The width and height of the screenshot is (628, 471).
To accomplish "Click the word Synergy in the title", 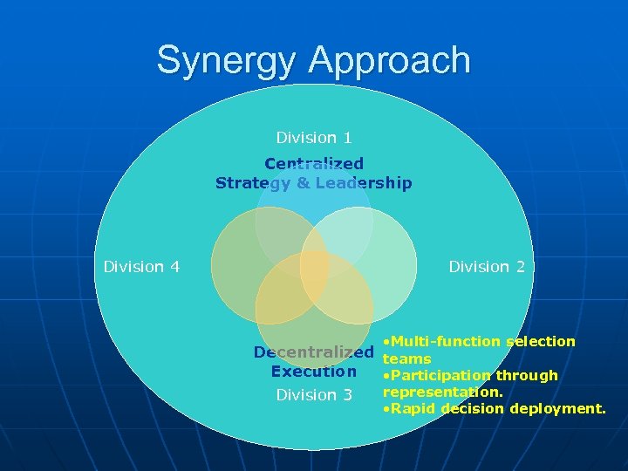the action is pos(228,60).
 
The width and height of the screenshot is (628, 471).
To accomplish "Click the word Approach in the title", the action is pos(389,60).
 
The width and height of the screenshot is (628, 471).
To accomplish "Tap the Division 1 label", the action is pos(314,137).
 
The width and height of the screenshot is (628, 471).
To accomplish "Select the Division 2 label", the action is pos(487,266).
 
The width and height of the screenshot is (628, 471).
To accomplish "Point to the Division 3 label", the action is pos(314,395).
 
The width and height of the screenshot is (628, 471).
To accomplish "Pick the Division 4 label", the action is pos(141,266).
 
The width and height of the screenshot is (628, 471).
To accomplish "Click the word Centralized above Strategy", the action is pos(314,163).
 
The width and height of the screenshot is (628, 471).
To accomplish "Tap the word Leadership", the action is pos(365,183).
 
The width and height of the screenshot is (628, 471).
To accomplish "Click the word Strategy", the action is pos(252,183).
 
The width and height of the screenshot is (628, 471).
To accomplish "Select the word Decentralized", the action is pos(313,352).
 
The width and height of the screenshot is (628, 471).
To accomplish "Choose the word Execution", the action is pos(314,371).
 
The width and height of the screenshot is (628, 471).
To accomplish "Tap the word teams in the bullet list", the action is pos(407,358).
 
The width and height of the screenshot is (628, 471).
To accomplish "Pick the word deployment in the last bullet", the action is pos(562,408).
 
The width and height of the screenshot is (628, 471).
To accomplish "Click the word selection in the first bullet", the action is pos(542,341).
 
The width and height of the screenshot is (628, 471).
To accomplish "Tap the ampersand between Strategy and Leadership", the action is pos(300,183).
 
